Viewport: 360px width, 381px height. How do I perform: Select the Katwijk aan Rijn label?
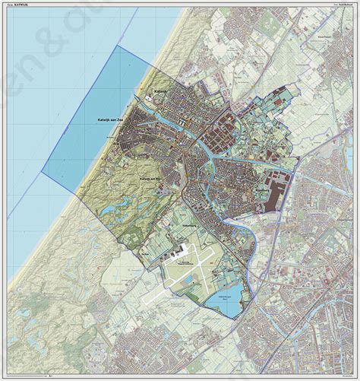(152, 177)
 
